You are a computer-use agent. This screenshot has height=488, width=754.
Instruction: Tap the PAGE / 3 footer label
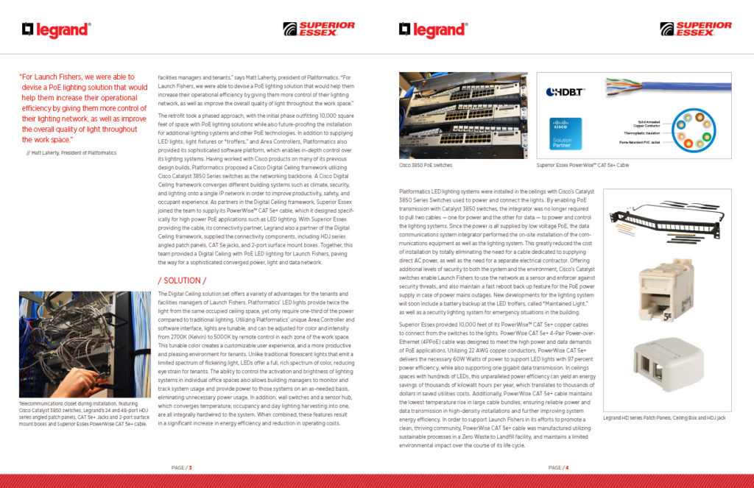pos(181,467)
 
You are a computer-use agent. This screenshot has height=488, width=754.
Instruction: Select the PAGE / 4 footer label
pos(557,467)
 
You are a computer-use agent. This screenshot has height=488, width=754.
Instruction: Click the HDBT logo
pos(565,92)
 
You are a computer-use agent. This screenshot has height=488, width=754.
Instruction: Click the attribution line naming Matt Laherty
pos(71,152)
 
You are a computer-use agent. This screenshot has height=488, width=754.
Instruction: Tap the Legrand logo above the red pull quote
pos(56,29)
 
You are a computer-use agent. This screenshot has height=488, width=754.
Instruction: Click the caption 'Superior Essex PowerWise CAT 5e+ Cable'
pos(582,166)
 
